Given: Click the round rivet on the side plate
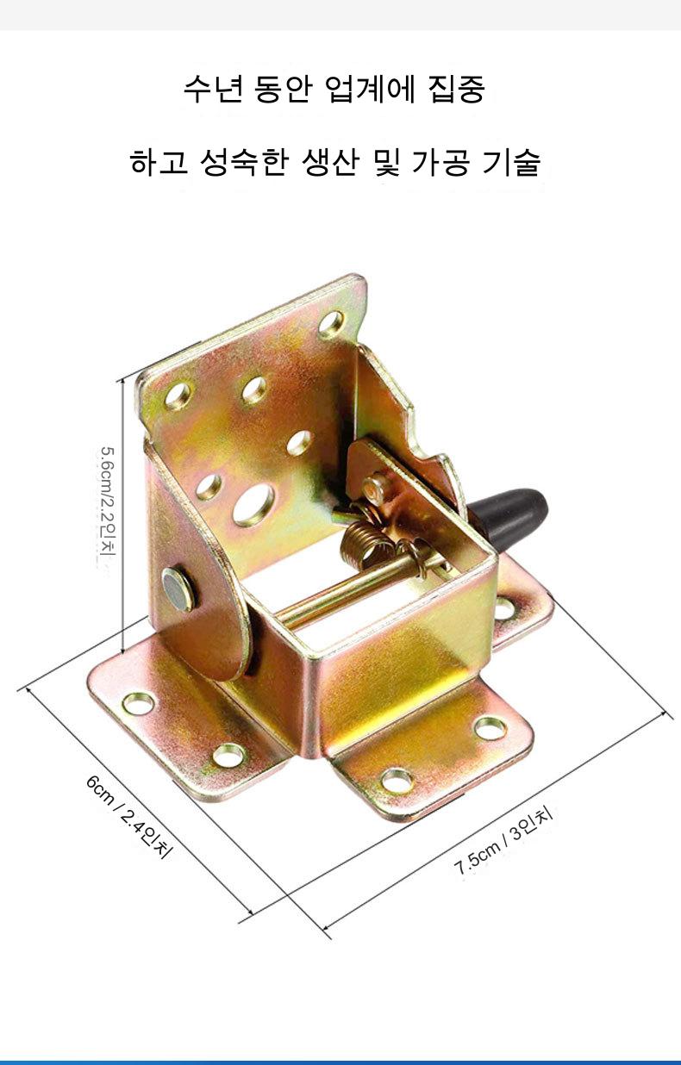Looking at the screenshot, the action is click(x=178, y=588).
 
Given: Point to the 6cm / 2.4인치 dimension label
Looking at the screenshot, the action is click(x=128, y=817).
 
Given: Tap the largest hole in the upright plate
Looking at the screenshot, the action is click(x=253, y=505).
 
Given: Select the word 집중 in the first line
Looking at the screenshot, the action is click(x=457, y=89).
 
